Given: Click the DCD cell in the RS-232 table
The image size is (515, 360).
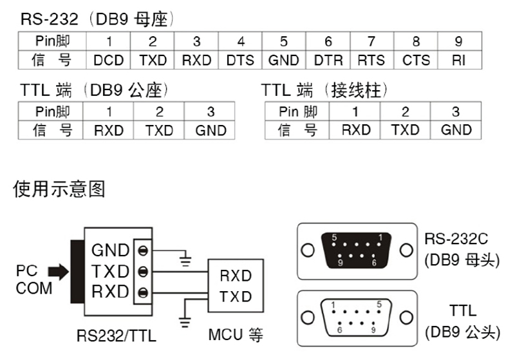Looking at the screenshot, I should tap(108, 60).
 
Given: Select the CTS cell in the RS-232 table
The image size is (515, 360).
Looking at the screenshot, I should tap(416, 60).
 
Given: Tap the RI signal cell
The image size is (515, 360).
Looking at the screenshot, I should tap(458, 60).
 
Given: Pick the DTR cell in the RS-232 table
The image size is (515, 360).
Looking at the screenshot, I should tap(328, 60).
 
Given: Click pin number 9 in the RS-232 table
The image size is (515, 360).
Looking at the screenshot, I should tap(458, 42).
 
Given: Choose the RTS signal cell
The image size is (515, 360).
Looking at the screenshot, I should tap(371, 60).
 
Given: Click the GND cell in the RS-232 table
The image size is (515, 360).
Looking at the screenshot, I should tap(283, 60).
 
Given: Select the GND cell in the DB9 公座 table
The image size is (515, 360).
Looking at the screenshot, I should tap(211, 130).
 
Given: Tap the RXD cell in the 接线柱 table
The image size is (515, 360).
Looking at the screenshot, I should tap(356, 130).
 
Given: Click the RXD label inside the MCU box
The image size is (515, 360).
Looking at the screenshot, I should tap(235, 277).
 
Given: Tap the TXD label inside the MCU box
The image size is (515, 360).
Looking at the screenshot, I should tap(235, 297).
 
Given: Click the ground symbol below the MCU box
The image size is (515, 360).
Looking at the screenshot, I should tap(186, 321).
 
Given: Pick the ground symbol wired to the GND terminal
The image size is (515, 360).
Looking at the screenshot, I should tap(186, 261).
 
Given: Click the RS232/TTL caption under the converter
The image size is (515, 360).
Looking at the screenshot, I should tap(117, 336).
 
